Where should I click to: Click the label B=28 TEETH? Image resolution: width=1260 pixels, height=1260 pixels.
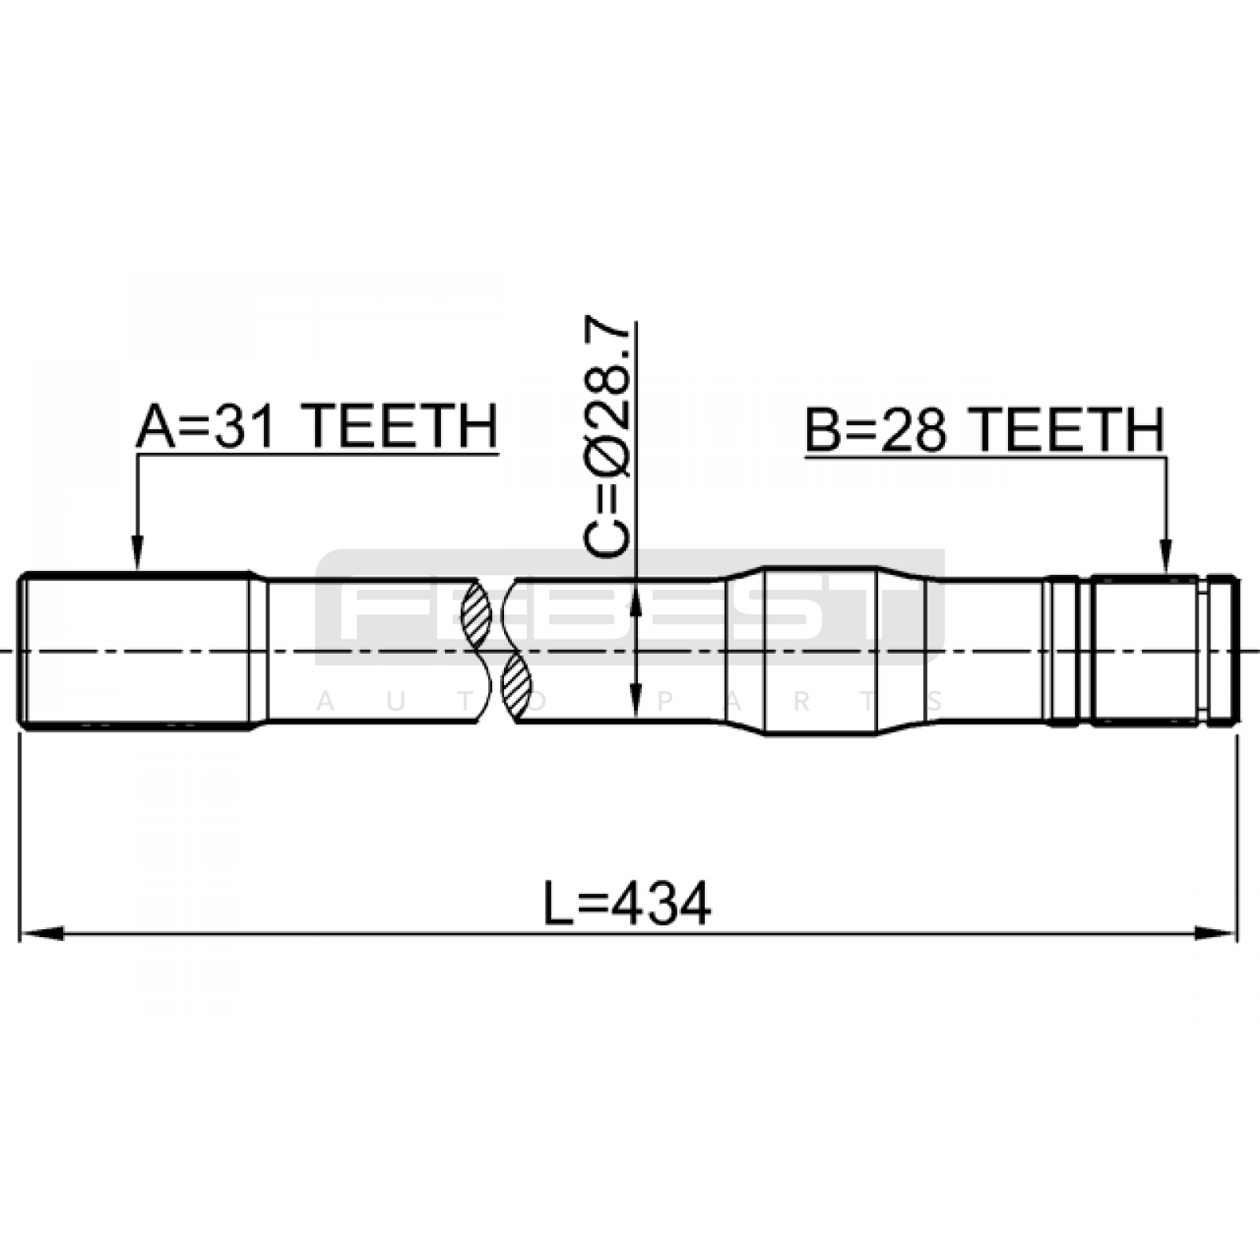coord(984,430)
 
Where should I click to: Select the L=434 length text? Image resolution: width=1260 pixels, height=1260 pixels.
coord(627,903)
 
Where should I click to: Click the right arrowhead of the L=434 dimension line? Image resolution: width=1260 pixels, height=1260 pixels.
coord(1216,933)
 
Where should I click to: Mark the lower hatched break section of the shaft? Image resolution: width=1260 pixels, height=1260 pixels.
coord(516,686)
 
